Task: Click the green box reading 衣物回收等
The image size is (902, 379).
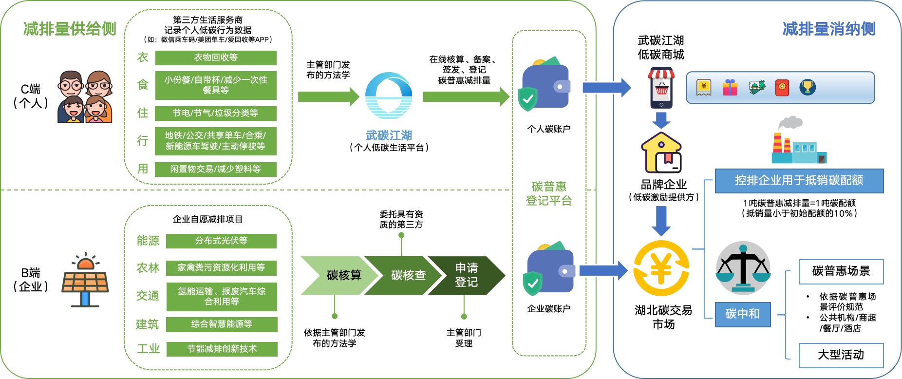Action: (x=216, y=57)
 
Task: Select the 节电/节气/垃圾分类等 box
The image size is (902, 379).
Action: (x=216, y=113)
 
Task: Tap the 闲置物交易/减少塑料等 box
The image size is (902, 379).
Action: (x=216, y=169)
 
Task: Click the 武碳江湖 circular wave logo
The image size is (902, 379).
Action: (x=389, y=95)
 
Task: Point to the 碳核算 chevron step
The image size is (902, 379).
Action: (x=341, y=275)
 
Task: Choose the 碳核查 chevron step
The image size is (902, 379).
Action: (x=407, y=275)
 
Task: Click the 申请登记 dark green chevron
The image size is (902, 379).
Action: (x=468, y=275)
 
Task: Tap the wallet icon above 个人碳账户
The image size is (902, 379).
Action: (x=545, y=85)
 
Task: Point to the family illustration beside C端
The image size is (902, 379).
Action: (x=85, y=96)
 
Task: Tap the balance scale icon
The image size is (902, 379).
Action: (x=743, y=268)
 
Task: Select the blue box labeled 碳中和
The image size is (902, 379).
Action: (x=743, y=314)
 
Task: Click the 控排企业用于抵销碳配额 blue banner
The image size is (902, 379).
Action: (x=799, y=181)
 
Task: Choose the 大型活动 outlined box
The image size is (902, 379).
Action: (x=841, y=355)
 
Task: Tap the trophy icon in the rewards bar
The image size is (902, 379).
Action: (x=808, y=88)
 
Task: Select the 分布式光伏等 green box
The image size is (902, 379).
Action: (x=221, y=241)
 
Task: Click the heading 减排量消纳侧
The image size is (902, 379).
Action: (x=829, y=29)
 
